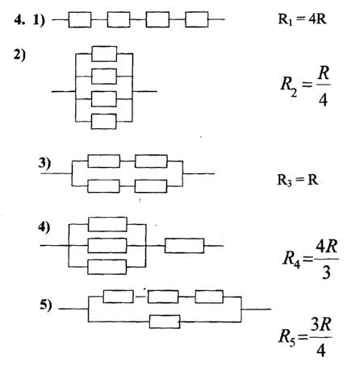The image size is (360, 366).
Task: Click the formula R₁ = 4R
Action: coord(302,19)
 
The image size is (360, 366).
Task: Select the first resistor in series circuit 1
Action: coord(80,19)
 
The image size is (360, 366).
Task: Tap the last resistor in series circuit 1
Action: coord(197,19)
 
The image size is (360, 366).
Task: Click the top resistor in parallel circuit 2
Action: coord(104,54)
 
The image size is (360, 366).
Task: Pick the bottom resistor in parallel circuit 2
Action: coord(104,122)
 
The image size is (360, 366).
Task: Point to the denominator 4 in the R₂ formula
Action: coord(323,101)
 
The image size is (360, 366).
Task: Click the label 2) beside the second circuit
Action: coord(19,55)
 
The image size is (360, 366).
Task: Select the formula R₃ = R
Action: coord(298,180)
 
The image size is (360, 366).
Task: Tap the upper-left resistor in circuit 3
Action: coord(104,161)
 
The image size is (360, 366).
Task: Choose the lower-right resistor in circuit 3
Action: coord(151,186)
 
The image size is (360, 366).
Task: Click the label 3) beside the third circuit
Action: coord(44,163)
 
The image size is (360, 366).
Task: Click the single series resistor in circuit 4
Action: coord(184,246)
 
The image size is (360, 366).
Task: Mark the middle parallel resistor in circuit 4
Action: coord(107,246)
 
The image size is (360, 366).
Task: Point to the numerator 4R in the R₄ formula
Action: coord(326,247)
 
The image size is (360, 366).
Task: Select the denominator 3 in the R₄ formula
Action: coord(326,272)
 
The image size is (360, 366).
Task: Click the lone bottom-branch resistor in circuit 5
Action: coord(165,322)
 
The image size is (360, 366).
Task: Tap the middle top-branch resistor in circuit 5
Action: coord(163,297)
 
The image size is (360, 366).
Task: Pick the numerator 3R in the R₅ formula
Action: coord(320,324)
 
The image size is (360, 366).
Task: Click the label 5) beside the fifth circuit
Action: coord(46,306)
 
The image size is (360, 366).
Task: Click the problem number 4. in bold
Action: coord(20,20)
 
